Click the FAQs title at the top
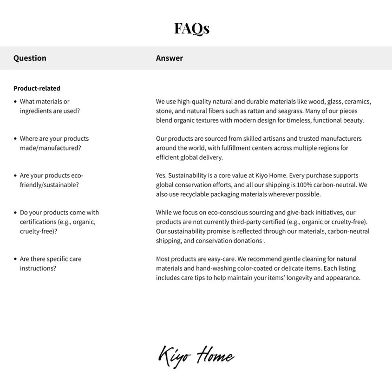coord(192,29)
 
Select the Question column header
coord(30,58)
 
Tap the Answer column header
coord(170,58)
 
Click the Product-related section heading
coord(37,88)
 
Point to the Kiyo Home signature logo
coord(196,357)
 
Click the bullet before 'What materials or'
coord(15,101)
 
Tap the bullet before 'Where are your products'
coord(15,138)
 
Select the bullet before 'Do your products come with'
coord(15,212)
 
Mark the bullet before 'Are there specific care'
coord(15,259)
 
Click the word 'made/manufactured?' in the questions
coord(50,148)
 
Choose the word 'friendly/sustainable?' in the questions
coord(49,185)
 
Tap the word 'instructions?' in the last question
coord(38,268)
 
